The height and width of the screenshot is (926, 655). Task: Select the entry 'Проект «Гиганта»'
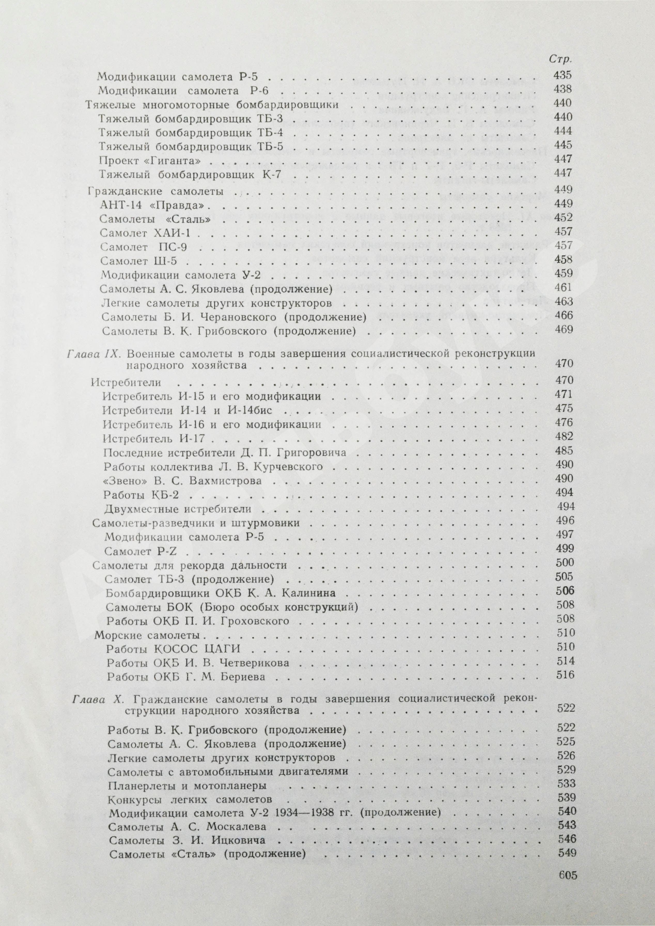click(150, 159)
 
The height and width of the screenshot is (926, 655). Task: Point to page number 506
click(565, 592)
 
